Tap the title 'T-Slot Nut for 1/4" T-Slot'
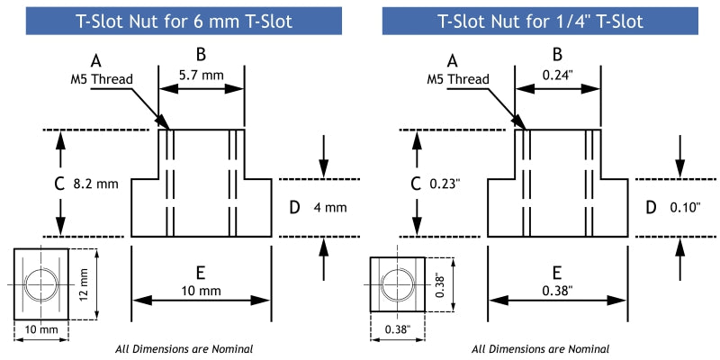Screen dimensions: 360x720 click(x=540, y=21)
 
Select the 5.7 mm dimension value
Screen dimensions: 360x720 click(x=201, y=76)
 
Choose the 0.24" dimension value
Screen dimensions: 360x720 click(x=558, y=76)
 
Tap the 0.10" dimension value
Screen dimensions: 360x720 click(x=685, y=208)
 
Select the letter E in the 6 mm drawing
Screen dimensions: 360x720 click(x=201, y=272)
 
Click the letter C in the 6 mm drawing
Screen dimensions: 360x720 click(x=60, y=184)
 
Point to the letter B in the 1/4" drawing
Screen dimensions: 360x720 click(x=557, y=55)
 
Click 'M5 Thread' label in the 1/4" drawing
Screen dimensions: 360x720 click(x=458, y=79)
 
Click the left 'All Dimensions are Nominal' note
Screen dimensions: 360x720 click(x=184, y=348)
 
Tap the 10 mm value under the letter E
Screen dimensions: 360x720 click(x=201, y=292)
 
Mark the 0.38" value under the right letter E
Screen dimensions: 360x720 click(x=557, y=292)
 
